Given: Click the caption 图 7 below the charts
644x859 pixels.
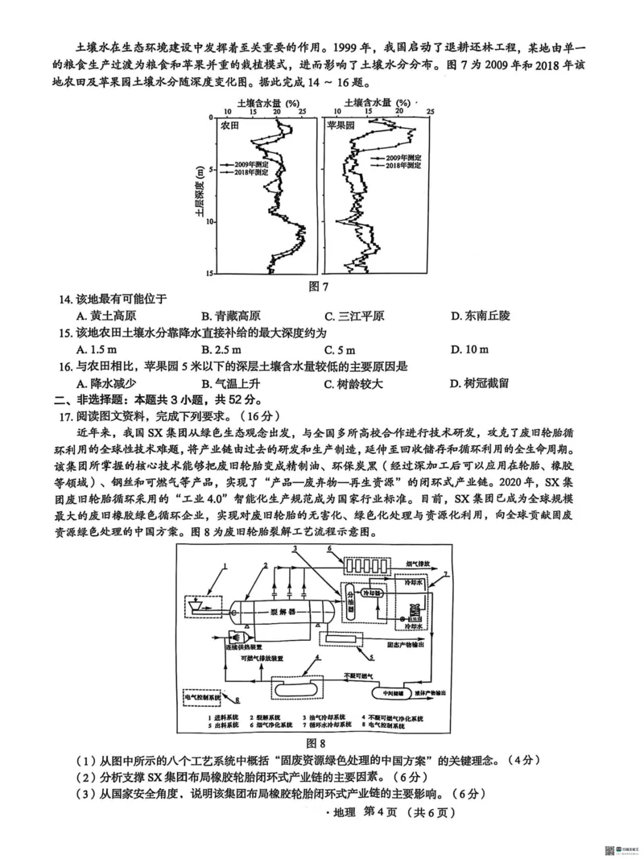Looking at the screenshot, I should point(322,286).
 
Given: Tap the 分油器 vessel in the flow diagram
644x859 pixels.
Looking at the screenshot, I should point(349,600).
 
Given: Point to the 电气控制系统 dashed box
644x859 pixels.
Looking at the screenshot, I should point(208,695).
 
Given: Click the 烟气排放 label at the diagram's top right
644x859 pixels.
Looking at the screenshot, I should point(416,565).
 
